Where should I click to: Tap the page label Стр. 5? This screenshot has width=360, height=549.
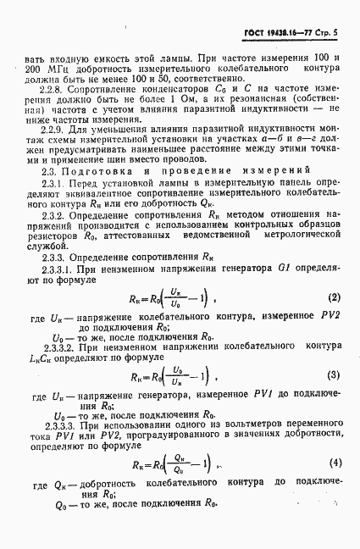coord(327,32)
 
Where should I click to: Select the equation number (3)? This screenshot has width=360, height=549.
coord(334,374)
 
